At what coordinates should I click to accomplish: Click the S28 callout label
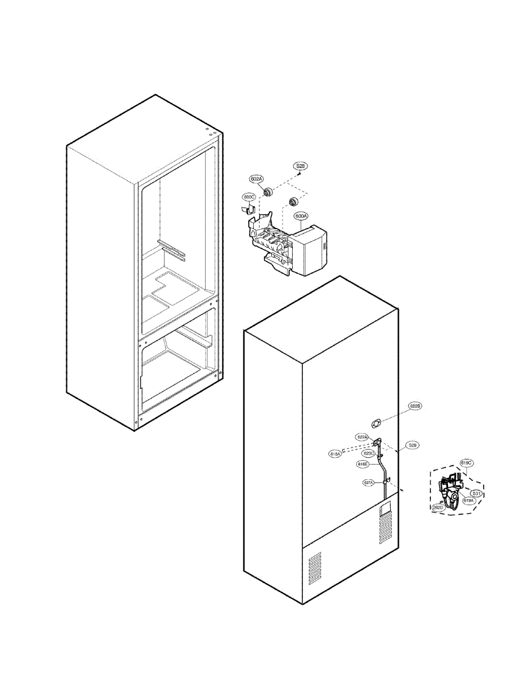coord(300,166)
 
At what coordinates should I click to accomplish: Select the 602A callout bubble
coord(257,179)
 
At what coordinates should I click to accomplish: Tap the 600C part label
coord(249,197)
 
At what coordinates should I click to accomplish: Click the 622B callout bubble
coord(415,406)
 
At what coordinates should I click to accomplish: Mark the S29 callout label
coord(413,446)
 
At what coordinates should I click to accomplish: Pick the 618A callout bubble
coord(335,454)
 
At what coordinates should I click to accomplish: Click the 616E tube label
coord(363,464)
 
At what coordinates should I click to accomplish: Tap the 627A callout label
coord(369,483)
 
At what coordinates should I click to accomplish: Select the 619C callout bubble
coord(466,463)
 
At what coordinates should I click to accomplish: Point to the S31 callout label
coord(477,493)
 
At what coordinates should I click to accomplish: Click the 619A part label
coord(468,501)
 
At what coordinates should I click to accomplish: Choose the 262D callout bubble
coord(438,508)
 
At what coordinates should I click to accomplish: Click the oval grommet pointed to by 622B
coord(374,422)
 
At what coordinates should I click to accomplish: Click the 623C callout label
coord(369,454)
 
